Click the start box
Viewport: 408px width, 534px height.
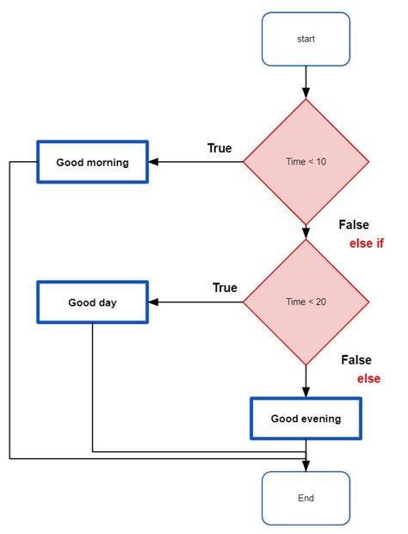[306, 39]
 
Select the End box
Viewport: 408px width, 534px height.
[306, 498]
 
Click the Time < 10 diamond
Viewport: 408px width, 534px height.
[306, 161]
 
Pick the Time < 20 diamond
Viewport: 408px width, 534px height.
[306, 301]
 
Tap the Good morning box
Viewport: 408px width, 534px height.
[92, 162]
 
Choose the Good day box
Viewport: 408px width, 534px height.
[92, 302]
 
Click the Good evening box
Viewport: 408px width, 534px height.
[306, 419]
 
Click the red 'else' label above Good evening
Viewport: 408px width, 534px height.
[368, 378]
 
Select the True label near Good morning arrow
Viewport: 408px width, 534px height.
[219, 148]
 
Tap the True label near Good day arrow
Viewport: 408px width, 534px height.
[225, 288]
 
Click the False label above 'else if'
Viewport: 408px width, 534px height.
[354, 225]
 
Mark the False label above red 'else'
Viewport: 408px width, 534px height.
[356, 360]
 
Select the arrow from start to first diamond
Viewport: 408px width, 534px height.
[306, 82]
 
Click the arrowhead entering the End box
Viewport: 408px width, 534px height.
[306, 466]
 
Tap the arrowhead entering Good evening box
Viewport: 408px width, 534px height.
[306, 391]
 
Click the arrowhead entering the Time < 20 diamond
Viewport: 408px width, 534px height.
[306, 233]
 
